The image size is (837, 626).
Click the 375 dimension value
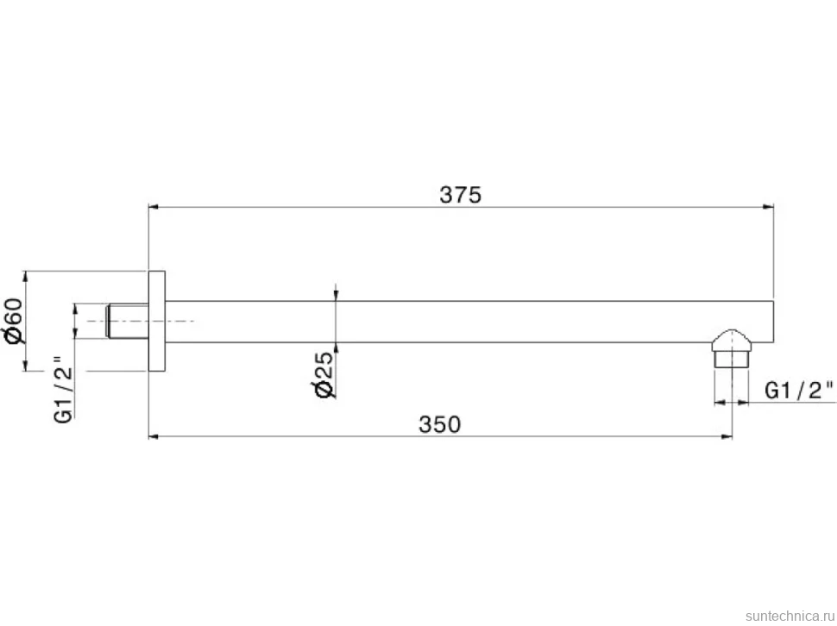(460, 195)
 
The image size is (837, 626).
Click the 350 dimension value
(439, 424)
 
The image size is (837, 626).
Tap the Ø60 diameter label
(15, 321)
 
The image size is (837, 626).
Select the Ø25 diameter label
(324, 375)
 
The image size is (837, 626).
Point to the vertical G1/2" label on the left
(63, 389)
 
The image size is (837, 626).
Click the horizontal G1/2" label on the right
(798, 391)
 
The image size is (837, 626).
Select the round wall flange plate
(156, 321)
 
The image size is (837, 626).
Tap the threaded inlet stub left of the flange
(128, 321)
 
